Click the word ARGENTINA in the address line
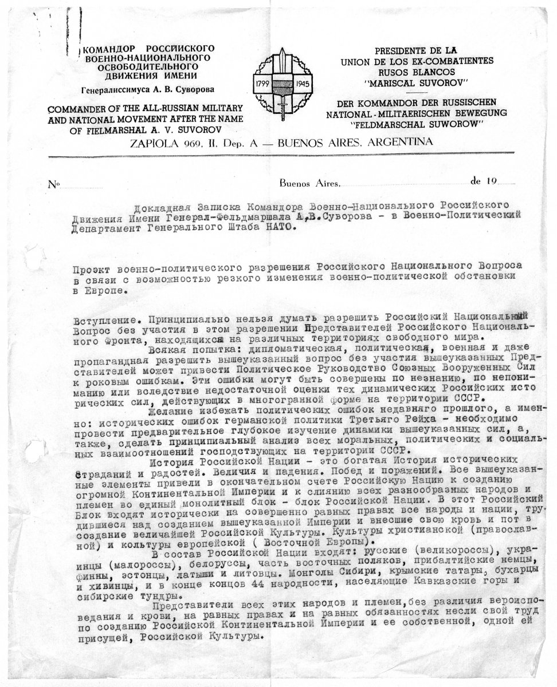(x=397, y=143)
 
